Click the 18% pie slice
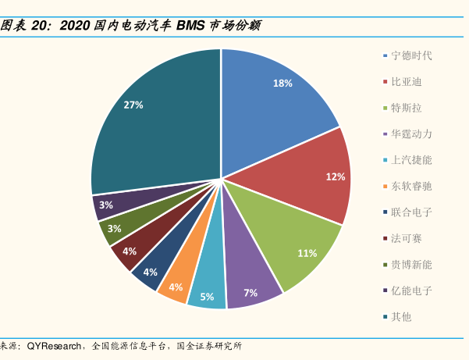coord(273,102)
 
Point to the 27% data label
coord(133,105)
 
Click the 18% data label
coord(282,84)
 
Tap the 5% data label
coord(207,297)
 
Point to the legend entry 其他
coord(401,316)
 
